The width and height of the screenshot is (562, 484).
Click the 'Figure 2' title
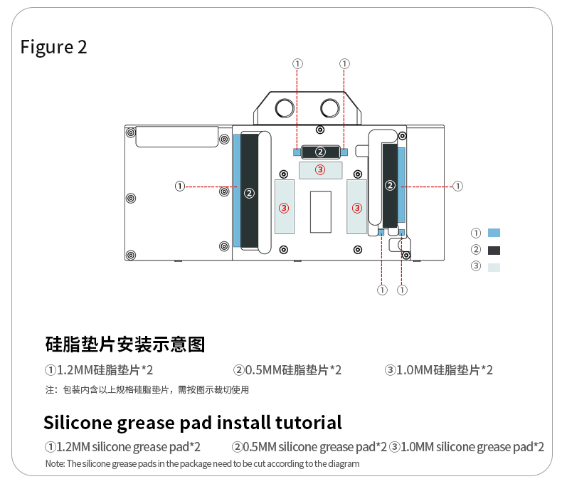pyautogui.click(x=54, y=47)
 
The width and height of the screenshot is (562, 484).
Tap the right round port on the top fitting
pyautogui.click(x=330, y=108)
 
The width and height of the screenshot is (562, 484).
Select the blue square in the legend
pyautogui.click(x=494, y=233)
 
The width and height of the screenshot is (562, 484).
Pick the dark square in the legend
pyautogui.click(x=494, y=250)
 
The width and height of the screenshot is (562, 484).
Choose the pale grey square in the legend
pyautogui.click(x=494, y=267)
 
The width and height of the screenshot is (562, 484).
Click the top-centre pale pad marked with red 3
pyautogui.click(x=321, y=169)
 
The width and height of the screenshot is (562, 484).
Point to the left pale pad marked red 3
pyautogui.click(x=285, y=207)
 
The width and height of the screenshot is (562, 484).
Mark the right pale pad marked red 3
pyautogui.click(x=356, y=207)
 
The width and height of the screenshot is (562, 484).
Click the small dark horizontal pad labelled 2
pyautogui.click(x=321, y=152)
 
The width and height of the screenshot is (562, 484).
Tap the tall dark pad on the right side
pyautogui.click(x=390, y=184)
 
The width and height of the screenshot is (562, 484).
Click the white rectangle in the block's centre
pyautogui.click(x=321, y=211)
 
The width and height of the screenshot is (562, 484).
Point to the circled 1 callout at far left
pyautogui.click(x=180, y=186)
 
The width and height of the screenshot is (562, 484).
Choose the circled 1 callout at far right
pyautogui.click(x=458, y=186)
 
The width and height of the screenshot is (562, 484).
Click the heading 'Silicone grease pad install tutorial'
pyautogui.click(x=193, y=422)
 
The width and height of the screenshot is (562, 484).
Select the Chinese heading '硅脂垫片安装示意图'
pyautogui.click(x=125, y=345)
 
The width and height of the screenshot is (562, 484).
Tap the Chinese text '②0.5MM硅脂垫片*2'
pyautogui.click(x=287, y=370)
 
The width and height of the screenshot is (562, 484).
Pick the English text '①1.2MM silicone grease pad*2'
pyautogui.click(x=122, y=447)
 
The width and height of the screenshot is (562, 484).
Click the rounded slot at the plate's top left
pyautogui.click(x=178, y=137)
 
